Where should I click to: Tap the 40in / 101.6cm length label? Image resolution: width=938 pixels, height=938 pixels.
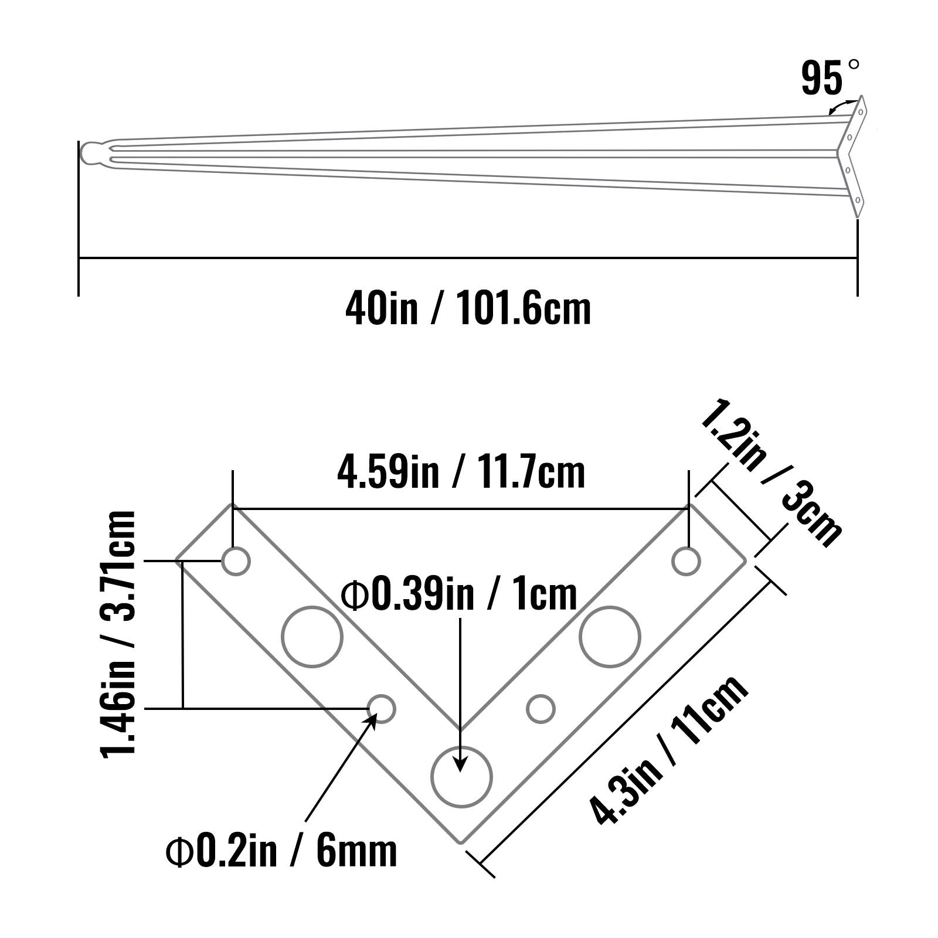click(468, 308)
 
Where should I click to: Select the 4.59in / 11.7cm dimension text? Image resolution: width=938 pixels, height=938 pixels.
click(461, 473)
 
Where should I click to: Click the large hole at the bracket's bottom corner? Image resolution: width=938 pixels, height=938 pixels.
click(461, 777)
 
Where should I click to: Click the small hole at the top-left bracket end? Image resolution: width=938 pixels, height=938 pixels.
click(236, 561)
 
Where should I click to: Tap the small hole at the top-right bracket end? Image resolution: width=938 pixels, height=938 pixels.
click(686, 561)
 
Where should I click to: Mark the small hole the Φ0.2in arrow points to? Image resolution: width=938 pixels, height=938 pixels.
click(382, 709)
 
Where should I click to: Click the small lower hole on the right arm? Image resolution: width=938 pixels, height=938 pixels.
click(541, 709)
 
